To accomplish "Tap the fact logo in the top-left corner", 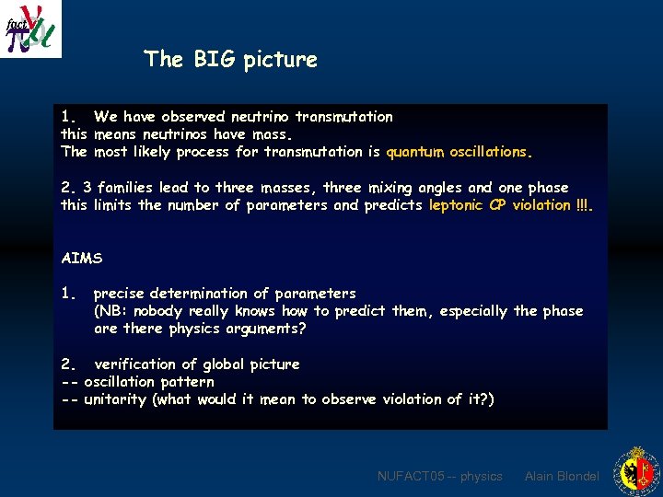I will click(30, 29).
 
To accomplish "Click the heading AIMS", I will click(80, 258).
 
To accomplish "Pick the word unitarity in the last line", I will click(115, 399).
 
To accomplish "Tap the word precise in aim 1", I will click(121, 294).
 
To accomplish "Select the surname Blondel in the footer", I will click(576, 476).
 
